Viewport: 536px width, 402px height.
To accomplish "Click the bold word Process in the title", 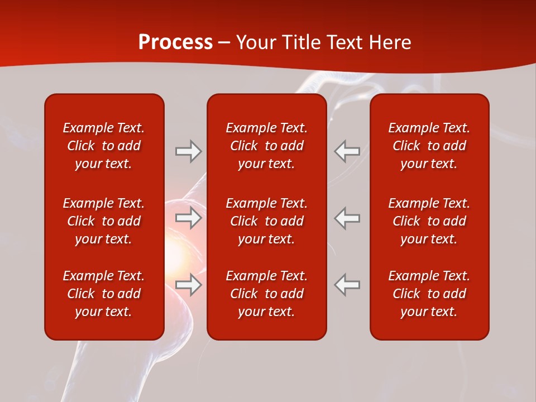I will (175, 42).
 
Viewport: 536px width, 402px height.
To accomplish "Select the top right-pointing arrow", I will (189, 151).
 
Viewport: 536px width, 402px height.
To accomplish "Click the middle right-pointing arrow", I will (189, 218).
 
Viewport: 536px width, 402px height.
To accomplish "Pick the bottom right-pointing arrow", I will (189, 285).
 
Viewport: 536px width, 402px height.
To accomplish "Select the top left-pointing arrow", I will (347, 151).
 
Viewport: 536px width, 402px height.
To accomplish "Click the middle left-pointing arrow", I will (347, 218).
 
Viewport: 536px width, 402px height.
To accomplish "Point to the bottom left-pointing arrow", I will (347, 285).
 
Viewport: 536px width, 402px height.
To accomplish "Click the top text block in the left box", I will (104, 146).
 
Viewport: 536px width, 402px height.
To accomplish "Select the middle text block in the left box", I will (104, 221).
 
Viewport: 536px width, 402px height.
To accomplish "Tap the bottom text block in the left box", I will (104, 294).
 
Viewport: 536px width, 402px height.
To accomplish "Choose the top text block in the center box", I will (267, 146).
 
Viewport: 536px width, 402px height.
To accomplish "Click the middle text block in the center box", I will (267, 221).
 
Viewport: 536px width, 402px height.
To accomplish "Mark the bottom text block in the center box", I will (267, 294).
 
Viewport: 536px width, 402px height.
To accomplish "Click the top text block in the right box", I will (429, 146).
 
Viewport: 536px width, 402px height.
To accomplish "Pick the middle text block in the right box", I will (429, 221).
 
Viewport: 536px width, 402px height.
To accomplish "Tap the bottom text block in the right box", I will (429, 294).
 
